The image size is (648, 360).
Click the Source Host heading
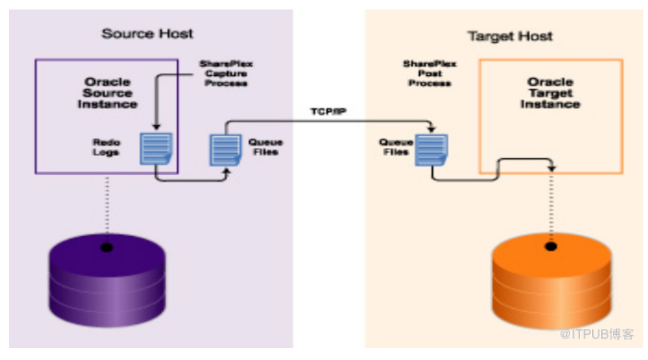(x=147, y=34)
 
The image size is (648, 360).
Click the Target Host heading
(x=510, y=36)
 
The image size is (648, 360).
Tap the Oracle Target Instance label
(x=550, y=93)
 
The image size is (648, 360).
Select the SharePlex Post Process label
(x=430, y=74)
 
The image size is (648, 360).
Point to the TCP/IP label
(x=329, y=112)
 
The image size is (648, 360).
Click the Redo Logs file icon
(x=156, y=149)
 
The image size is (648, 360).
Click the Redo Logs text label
(x=107, y=147)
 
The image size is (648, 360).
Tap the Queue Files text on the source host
(x=265, y=147)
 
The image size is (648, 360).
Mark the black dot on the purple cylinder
(x=107, y=247)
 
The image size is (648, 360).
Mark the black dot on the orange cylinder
(x=551, y=246)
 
